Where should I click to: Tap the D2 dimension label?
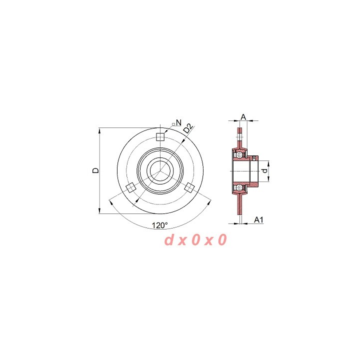188,128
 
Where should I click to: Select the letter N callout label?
178,122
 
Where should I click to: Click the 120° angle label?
160,225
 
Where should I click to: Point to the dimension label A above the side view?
243,117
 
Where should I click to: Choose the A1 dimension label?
258,219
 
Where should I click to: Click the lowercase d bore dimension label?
264,171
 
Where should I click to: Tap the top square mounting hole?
160,137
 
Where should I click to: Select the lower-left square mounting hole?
131,188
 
